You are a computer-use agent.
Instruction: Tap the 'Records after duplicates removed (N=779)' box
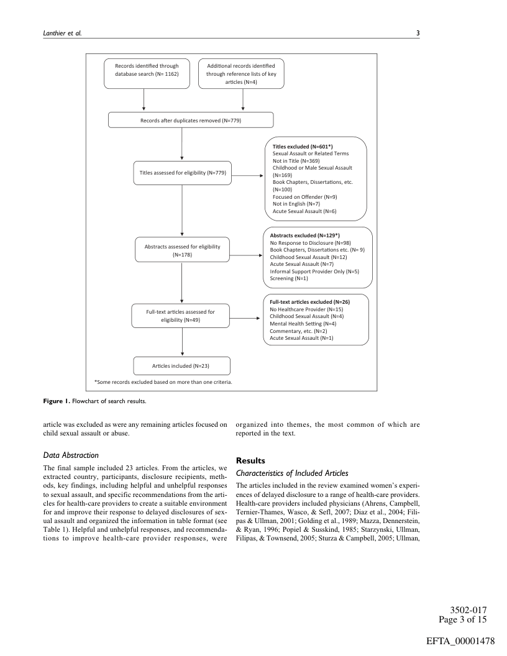[191, 120]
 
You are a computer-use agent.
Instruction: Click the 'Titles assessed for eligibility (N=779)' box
[181, 173]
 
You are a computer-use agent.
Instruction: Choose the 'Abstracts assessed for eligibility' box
[181, 250]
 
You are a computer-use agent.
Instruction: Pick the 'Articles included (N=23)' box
[181, 365]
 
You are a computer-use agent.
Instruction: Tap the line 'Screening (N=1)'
[285, 278]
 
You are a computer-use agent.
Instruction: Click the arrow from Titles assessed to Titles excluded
[246, 176]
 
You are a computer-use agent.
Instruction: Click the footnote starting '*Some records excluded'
[163, 382]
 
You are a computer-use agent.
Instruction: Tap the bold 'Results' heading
[250, 461]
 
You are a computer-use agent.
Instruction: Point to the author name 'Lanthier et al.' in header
[53, 34]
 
